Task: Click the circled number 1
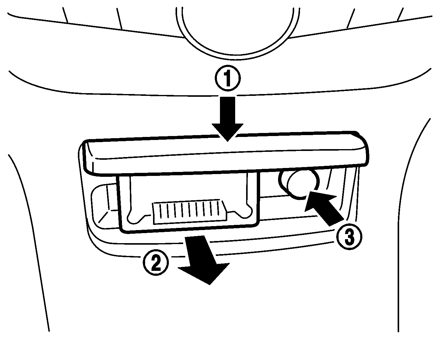[228, 79]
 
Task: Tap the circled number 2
[155, 262]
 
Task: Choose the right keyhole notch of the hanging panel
[246, 211]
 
